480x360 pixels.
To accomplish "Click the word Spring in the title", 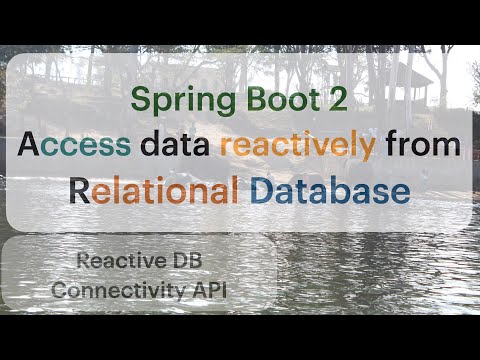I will tap(177, 103).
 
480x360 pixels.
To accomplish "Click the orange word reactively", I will tap(297, 145).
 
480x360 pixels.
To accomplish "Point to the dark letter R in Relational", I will tap(79, 189).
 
